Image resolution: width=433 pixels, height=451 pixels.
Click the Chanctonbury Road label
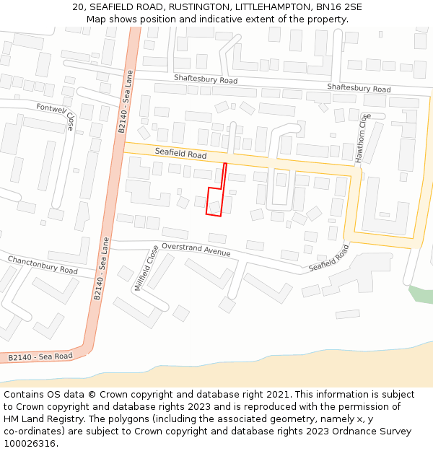tap(43, 265)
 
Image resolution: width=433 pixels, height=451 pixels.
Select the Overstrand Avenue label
tap(196, 249)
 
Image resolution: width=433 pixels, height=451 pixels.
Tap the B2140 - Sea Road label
tap(40, 356)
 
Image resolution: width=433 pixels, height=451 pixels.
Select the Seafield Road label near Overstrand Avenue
tap(329, 258)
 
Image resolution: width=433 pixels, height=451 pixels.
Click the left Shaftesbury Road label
tap(205, 80)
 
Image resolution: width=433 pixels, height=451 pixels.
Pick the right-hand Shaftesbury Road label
tap(359, 88)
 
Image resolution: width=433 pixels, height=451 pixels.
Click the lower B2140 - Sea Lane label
tap(102, 268)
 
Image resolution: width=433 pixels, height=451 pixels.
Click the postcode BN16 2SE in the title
tap(339, 6)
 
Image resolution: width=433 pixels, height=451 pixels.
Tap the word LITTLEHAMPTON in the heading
tap(274, 6)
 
